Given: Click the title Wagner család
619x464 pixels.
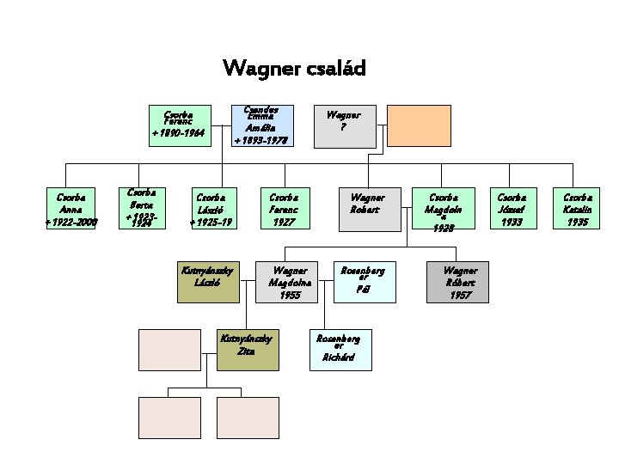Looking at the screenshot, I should click(294, 68).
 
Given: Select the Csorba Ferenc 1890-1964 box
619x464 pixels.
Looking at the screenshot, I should click(178, 125).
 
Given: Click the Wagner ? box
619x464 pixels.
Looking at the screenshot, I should click(343, 125).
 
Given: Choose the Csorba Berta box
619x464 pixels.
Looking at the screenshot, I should click(142, 208).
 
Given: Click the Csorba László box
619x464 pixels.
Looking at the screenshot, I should click(211, 208).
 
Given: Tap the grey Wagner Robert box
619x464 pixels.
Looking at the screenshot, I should click(367, 208).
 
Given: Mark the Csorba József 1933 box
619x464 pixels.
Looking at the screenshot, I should click(512, 208).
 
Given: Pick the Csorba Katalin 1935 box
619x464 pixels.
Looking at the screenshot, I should click(577, 208).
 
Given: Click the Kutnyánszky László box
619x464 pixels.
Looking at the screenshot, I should click(208, 282).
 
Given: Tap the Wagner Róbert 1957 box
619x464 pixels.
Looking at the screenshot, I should click(459, 282).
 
